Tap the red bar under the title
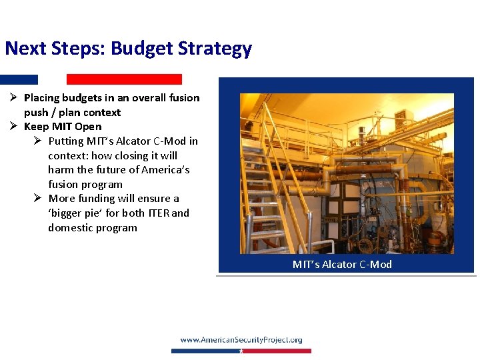click(124, 79)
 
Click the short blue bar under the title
click(19, 79)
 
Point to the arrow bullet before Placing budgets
click(13, 98)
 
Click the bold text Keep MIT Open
click(63, 127)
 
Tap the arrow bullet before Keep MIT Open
click(13, 127)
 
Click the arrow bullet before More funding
click(38, 199)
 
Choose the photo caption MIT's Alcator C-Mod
click(342, 265)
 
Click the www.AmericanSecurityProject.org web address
click(241, 340)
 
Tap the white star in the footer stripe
click(241, 351)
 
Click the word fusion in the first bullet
click(185, 98)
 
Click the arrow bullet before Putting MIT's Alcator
click(38, 141)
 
